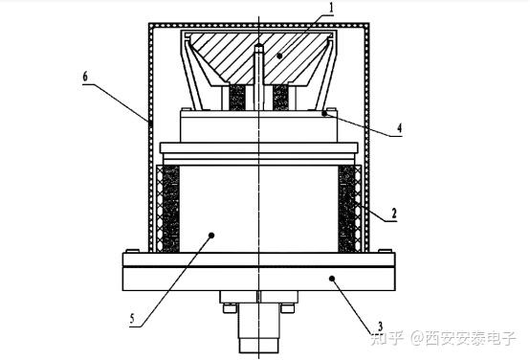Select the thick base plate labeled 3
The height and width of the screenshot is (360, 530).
pos(258,279)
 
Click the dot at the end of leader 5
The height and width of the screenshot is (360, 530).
pos(209,235)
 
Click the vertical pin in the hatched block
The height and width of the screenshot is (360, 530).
pos(259,72)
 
